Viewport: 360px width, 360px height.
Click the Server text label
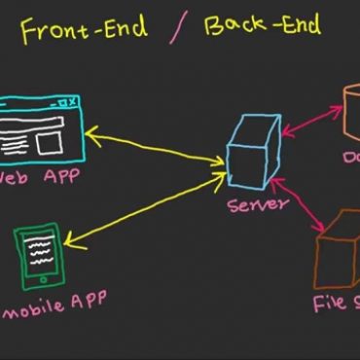pos(258,205)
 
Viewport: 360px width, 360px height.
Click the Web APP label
pos(39,178)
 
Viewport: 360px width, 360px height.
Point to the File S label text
pos(336,303)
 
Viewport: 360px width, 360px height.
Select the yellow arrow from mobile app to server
pos(146,214)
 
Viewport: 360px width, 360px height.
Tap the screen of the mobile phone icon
pos(39,253)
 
